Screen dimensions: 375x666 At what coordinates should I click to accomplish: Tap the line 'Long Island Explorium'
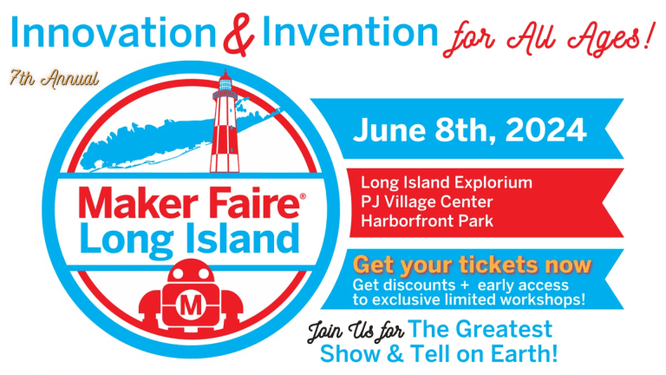pyautogui.click(x=447, y=183)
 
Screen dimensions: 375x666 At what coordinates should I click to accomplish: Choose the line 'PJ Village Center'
pyautogui.click(x=428, y=201)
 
